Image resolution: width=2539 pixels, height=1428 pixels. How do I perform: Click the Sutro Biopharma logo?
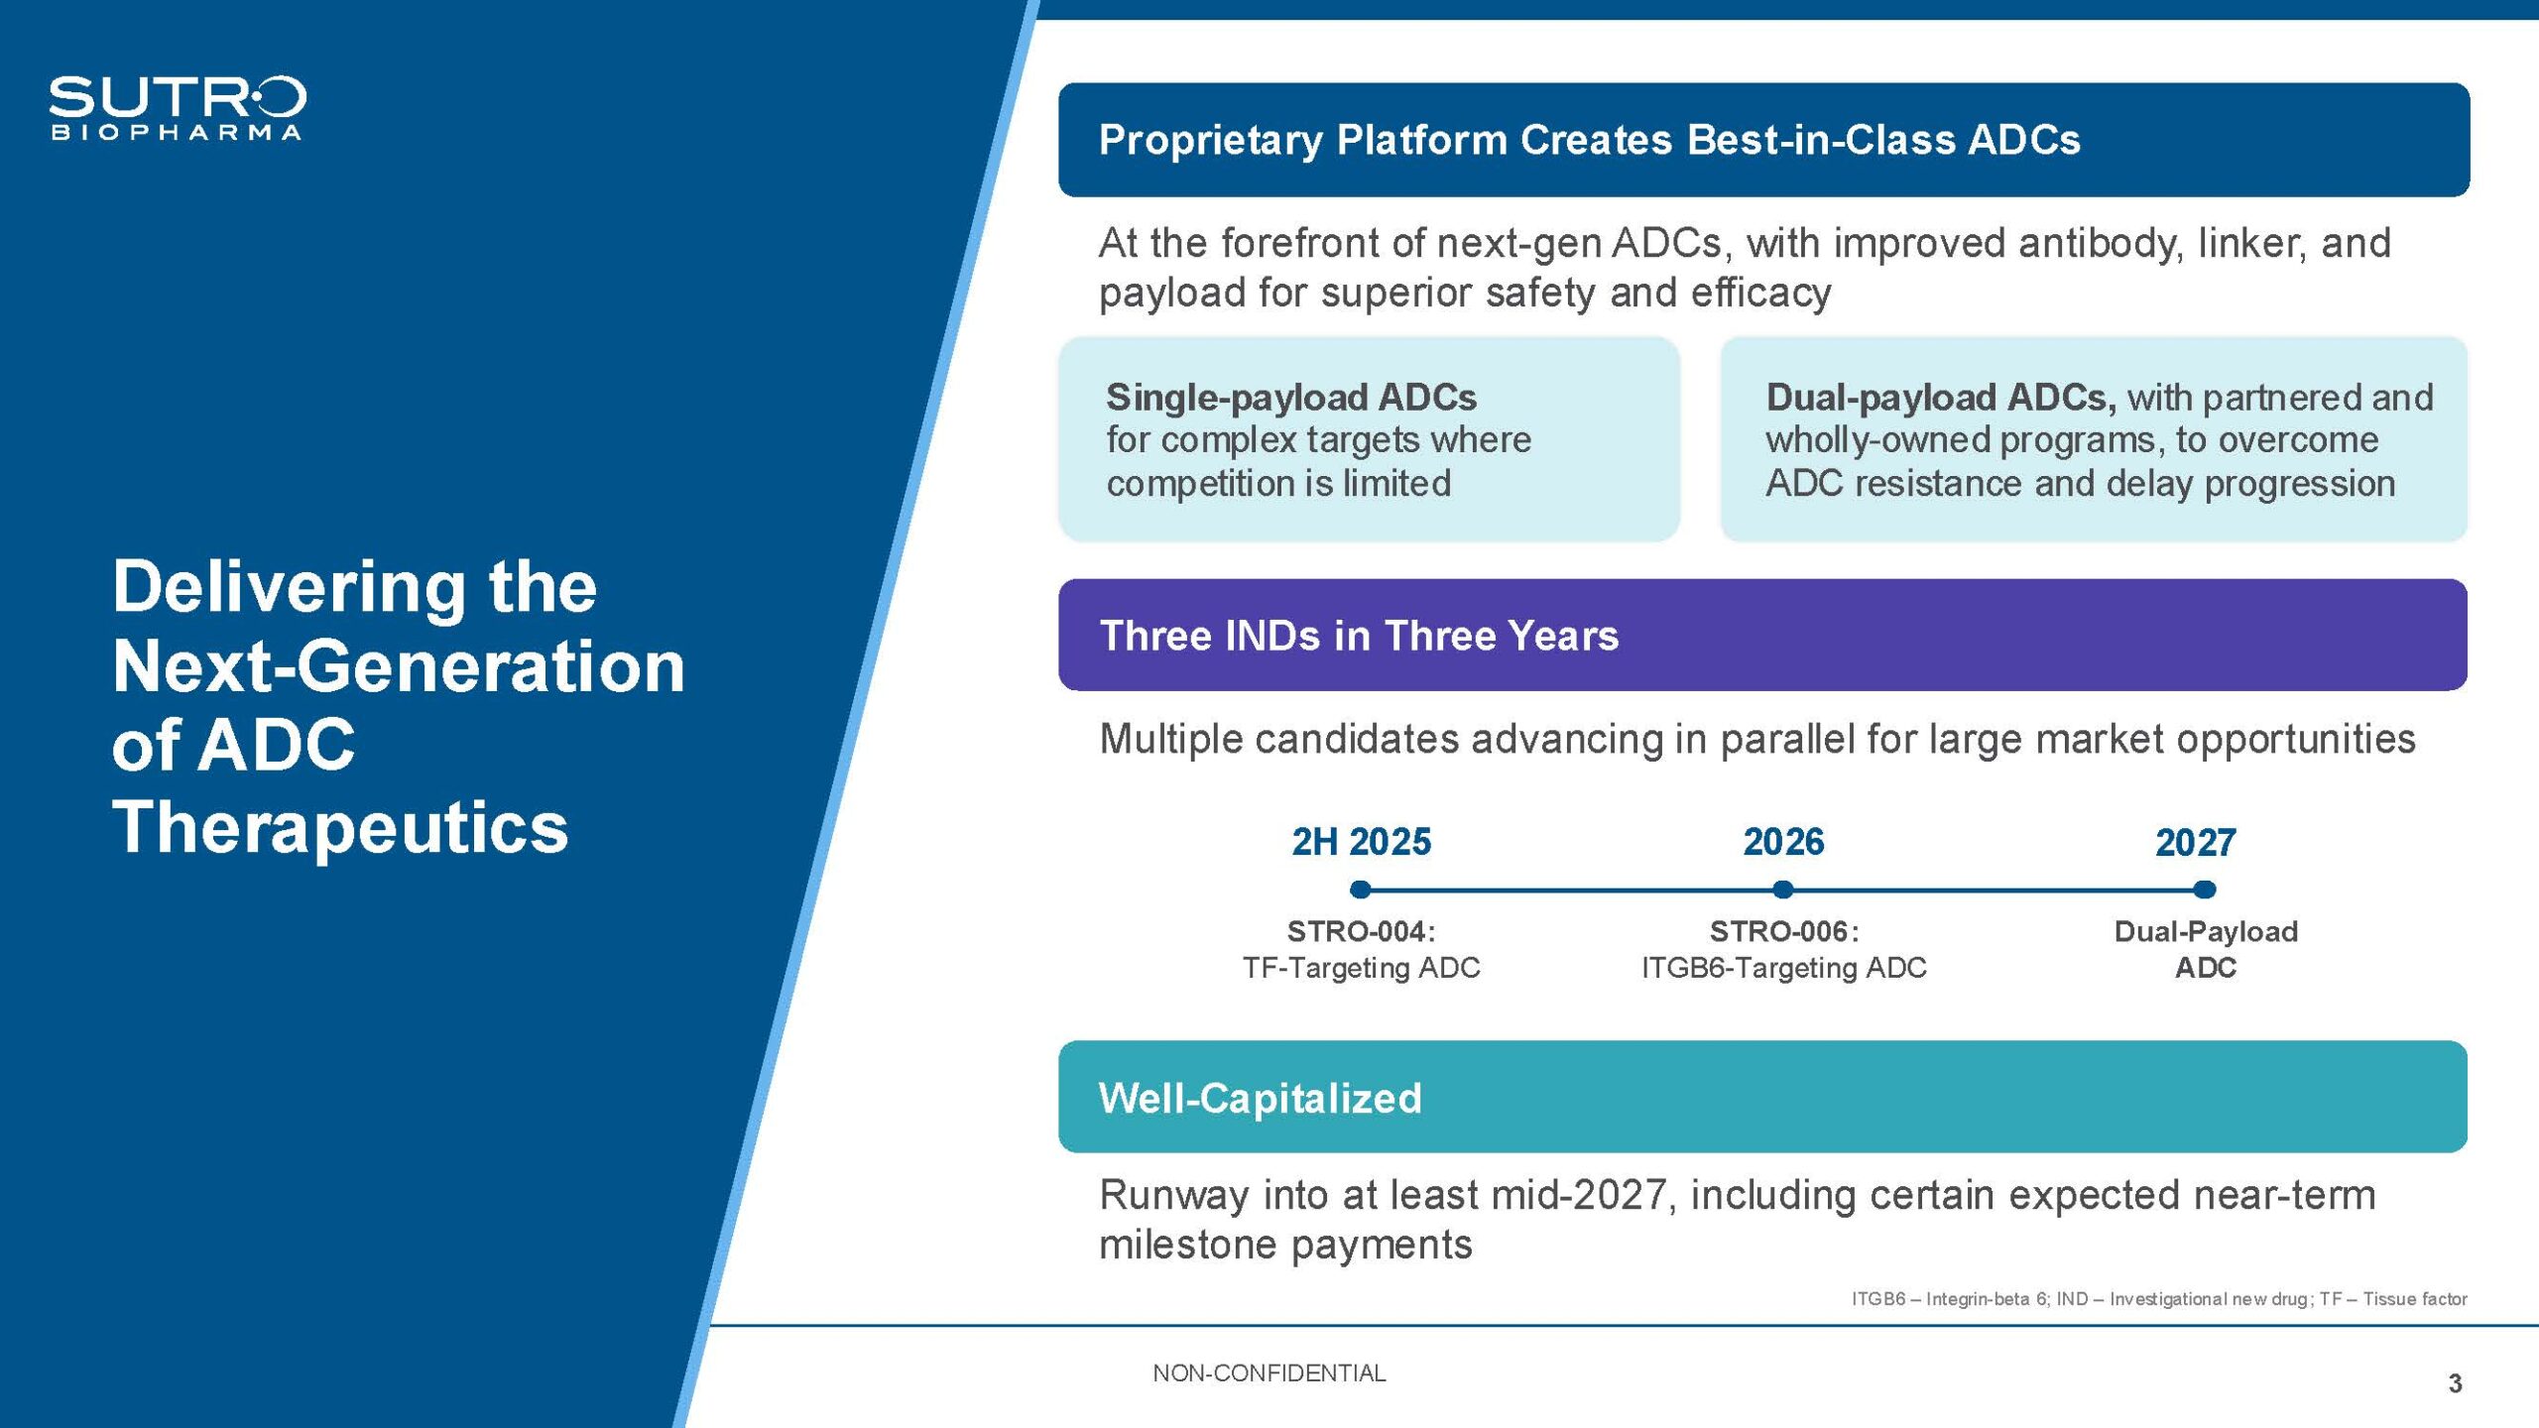pos(178,108)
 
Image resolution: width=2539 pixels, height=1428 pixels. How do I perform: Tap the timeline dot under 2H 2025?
pos(1361,890)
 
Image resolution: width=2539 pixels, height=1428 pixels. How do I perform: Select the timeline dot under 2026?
pos(1782,890)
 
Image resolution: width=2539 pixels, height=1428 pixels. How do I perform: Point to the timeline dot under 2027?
pos(2204,890)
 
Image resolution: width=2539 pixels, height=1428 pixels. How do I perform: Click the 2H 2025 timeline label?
pos(1361,842)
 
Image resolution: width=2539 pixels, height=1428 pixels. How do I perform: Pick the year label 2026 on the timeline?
pos(1783,842)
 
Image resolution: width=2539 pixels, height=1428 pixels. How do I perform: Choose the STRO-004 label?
pos(1361,931)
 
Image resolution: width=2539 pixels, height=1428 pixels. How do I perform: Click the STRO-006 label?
pos(1783,931)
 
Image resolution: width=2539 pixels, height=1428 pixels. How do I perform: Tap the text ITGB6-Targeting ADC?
pos(1783,968)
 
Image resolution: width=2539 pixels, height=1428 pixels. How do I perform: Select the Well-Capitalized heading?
pos(1260,1098)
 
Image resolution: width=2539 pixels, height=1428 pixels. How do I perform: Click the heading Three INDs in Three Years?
pos(1359,636)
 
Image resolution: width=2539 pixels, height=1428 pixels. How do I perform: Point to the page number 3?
pos(2455,1383)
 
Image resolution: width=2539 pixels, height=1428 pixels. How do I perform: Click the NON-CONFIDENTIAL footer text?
pos(1269,1373)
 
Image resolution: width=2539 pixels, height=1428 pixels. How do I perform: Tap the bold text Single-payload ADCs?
pos(1291,397)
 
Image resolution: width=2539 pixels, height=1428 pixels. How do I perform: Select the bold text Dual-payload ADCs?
pos(1941,397)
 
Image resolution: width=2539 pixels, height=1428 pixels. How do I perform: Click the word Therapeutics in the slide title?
pos(340,827)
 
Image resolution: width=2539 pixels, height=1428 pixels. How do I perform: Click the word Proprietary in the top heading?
pos(1210,141)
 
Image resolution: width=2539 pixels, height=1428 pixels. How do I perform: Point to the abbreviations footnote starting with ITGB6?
pos(2159,1299)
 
